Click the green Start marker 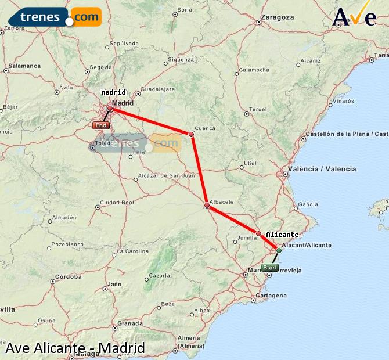(269, 268)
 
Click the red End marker (100, 125)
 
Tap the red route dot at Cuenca (192, 134)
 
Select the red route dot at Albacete (207, 205)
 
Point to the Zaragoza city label (278, 17)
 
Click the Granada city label (130, 323)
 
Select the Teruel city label (257, 109)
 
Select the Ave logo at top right (355, 16)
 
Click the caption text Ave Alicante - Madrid (75, 348)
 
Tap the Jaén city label (115, 284)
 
